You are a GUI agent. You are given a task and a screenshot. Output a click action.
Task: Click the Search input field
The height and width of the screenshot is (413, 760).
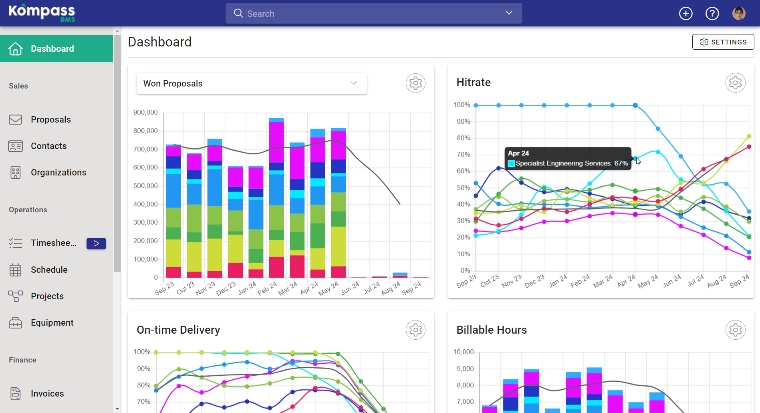coord(373,13)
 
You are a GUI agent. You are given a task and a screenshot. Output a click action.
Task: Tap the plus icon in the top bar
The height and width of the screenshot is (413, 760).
coord(685,14)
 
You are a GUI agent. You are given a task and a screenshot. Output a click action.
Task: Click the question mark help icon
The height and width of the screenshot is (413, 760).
coord(712,14)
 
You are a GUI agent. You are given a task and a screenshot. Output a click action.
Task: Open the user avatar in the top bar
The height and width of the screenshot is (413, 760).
coord(739,13)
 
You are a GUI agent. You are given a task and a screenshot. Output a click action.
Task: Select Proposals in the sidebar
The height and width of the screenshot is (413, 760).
coord(51,119)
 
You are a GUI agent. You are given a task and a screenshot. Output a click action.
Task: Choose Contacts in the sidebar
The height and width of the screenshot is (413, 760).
coord(48,146)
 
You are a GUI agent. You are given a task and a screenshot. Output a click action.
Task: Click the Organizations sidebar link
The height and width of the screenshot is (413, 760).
coord(58,172)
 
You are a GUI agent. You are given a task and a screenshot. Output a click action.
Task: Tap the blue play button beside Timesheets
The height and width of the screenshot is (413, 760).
coord(96,243)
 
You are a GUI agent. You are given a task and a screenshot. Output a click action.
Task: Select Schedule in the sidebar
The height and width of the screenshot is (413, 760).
coord(49,270)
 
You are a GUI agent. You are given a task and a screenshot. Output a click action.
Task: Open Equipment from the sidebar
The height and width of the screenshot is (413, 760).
coord(52,322)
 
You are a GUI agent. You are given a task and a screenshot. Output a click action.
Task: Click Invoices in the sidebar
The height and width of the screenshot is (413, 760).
coord(47,393)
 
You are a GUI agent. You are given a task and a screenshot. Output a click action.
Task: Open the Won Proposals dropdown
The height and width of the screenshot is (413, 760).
coord(252,83)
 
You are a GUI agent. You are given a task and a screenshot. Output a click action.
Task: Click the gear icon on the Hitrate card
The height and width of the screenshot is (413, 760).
coord(735,83)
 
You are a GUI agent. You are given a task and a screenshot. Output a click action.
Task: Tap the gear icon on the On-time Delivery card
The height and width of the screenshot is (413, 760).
coord(415,330)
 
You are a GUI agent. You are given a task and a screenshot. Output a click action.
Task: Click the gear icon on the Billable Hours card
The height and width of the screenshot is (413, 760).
coord(735,330)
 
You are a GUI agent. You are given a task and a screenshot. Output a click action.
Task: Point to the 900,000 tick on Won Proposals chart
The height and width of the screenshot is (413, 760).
coord(145,112)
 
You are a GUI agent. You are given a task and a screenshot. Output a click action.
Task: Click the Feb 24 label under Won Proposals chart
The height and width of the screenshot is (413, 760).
coord(267,288)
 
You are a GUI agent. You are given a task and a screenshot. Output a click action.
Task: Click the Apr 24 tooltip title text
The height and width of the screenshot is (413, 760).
coord(518,153)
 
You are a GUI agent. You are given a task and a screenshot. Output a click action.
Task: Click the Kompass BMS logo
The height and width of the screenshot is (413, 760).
coord(42,13)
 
